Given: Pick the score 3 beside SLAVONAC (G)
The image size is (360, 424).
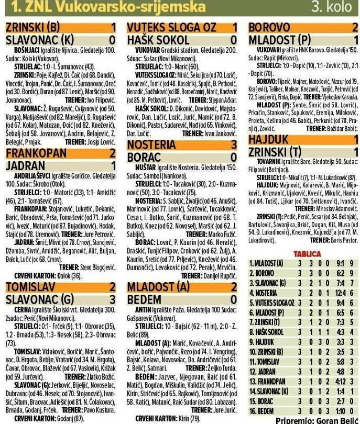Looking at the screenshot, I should point(113,299).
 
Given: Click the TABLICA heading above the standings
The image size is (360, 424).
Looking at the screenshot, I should point(304,253).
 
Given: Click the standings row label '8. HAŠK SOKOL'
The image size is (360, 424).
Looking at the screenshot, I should point(268,332).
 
